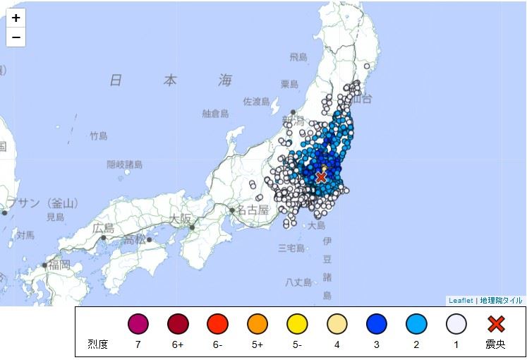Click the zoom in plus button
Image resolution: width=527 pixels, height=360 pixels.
[16, 18]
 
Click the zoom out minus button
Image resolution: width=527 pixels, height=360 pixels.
[16, 37]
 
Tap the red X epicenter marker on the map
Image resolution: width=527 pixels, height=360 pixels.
[321, 176]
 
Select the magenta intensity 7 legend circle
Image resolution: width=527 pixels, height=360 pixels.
[138, 324]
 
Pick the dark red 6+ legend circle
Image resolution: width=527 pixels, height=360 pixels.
[177, 324]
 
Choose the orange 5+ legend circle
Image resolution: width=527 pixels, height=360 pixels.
[257, 324]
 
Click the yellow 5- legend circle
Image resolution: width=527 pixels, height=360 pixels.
[297, 324]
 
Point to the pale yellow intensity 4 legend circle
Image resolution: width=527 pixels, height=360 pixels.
[337, 324]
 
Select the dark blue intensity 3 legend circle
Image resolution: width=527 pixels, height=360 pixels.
[377, 324]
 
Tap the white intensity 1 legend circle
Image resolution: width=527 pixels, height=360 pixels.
[456, 324]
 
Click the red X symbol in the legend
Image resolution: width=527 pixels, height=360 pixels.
[497, 324]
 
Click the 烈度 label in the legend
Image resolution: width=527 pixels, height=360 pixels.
[98, 344]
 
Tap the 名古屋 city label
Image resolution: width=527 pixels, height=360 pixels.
[253, 210]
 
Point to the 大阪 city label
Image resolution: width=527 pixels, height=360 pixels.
[180, 219]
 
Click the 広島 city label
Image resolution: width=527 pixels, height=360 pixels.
[103, 228]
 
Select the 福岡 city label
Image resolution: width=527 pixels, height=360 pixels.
[57, 265]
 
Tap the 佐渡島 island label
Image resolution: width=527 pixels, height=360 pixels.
[257, 102]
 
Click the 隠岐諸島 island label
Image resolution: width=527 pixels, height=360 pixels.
[124, 164]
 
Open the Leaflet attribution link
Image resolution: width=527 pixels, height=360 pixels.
[461, 301]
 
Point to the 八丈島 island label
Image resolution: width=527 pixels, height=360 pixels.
[298, 282]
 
